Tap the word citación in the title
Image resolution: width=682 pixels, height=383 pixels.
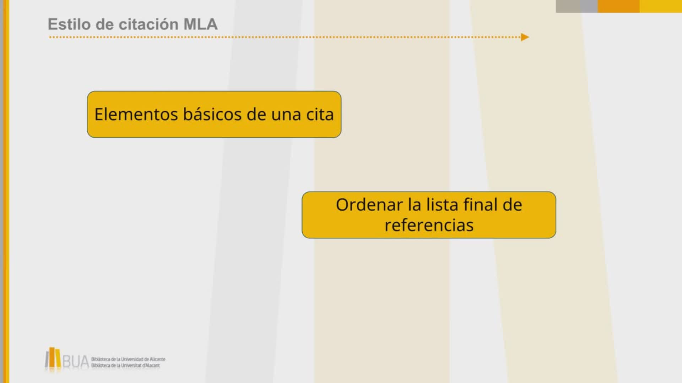click(x=148, y=24)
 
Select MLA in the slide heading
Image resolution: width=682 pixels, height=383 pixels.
click(x=200, y=24)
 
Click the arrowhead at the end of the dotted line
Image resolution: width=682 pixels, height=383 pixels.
click(x=525, y=37)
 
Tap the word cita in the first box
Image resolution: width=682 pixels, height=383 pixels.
click(x=320, y=114)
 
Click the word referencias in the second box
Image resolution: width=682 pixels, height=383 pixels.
click(x=429, y=225)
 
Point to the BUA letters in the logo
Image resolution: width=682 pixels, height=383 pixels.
click(x=76, y=362)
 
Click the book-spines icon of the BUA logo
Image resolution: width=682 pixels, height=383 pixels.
click(x=53, y=357)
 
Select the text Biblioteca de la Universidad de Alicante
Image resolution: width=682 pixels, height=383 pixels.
click(x=128, y=359)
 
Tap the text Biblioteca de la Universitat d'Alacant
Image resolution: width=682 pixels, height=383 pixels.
click(x=125, y=366)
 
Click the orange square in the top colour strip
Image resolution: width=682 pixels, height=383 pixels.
click(x=619, y=6)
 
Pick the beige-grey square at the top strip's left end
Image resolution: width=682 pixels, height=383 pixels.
click(x=568, y=6)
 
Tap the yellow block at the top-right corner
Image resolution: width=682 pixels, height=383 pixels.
click(x=661, y=6)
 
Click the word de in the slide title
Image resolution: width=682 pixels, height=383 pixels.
click(x=104, y=24)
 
